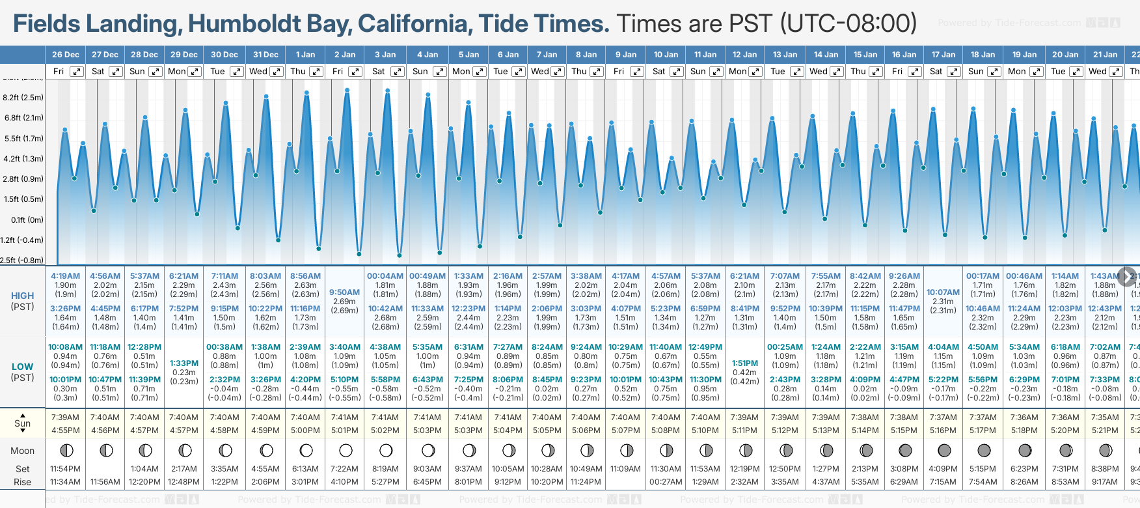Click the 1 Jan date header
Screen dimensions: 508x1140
(x=305, y=55)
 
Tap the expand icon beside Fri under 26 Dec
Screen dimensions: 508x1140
(x=77, y=72)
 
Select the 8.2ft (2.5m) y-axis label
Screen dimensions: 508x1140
(x=23, y=98)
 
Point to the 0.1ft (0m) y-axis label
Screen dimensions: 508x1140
(x=27, y=220)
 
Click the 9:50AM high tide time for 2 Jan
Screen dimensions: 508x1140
(x=344, y=292)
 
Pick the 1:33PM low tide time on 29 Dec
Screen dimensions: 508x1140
(x=184, y=363)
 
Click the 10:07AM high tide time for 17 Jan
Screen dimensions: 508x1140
(x=943, y=292)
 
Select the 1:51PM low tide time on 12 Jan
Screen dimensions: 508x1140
(x=745, y=363)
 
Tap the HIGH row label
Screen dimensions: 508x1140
(x=22, y=296)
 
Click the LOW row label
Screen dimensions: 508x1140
(x=22, y=367)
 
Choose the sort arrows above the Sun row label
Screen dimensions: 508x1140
(x=23, y=415)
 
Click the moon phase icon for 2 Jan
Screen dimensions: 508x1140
(x=346, y=451)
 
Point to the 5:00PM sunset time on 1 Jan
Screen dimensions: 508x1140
(x=305, y=430)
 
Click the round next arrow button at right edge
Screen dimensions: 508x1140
(x=1126, y=275)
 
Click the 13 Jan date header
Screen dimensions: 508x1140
(x=785, y=55)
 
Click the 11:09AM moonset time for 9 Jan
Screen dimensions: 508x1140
(x=625, y=469)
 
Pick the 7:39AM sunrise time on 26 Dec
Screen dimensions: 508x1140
(x=65, y=417)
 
